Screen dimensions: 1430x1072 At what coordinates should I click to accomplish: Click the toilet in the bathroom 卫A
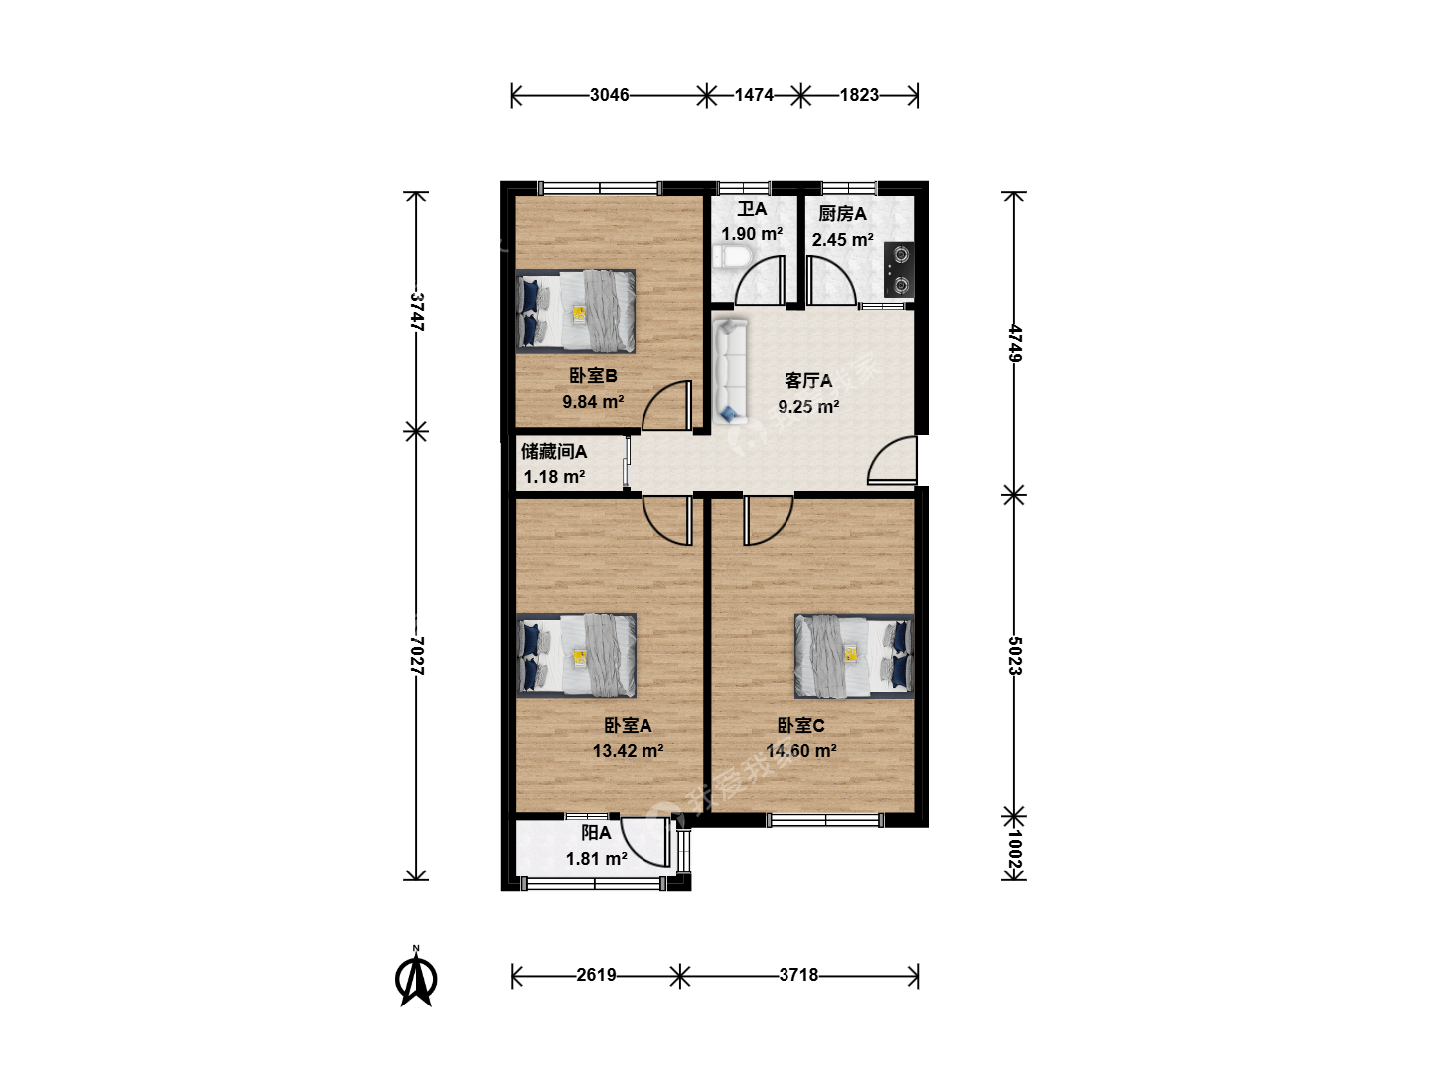(x=732, y=256)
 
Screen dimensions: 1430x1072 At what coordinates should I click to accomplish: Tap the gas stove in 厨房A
(x=899, y=269)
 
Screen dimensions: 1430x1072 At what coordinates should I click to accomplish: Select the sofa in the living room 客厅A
(x=730, y=370)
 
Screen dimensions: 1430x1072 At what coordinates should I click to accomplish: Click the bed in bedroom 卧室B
(x=576, y=312)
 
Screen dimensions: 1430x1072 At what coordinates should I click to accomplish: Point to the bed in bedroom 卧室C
(x=853, y=656)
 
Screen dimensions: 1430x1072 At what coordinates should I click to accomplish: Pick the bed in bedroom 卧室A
(x=577, y=655)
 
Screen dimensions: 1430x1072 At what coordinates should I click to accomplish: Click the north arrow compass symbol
(x=416, y=977)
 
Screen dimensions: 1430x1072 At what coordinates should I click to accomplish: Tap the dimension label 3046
(x=609, y=95)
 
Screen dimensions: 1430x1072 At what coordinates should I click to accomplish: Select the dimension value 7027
(x=417, y=655)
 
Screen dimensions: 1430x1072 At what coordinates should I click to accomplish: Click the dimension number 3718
(x=798, y=975)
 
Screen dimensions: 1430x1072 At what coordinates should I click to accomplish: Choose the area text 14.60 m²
(x=801, y=751)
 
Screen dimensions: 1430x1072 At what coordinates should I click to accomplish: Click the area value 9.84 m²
(x=593, y=402)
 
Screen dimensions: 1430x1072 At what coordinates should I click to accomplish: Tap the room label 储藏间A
(x=554, y=451)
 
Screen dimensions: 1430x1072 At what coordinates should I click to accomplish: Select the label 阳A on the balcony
(x=596, y=833)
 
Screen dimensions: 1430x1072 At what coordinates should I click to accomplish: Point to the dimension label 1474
(x=754, y=95)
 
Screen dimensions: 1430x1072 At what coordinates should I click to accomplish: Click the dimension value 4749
(x=1014, y=343)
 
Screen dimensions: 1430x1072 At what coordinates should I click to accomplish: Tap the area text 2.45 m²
(x=842, y=240)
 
